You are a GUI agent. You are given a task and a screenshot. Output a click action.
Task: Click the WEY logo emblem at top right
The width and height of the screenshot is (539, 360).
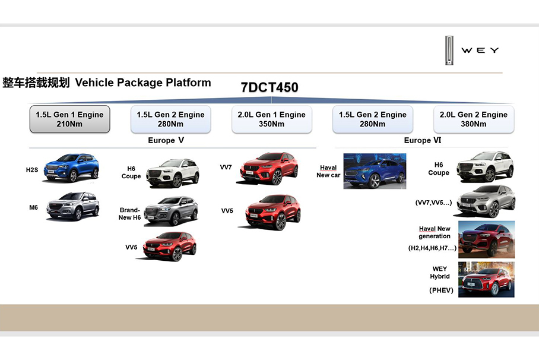pyautogui.click(x=449, y=50)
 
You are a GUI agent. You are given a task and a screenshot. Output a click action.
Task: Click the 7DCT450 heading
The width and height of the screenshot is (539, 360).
pyautogui.click(x=269, y=87)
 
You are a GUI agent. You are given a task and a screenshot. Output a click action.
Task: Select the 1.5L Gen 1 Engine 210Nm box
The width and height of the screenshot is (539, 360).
pyautogui.click(x=70, y=119)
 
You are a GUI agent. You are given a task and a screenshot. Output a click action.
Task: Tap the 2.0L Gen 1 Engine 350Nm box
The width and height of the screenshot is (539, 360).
pyautogui.click(x=271, y=119)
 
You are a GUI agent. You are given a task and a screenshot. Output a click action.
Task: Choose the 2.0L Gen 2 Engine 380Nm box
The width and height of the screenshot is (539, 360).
pyautogui.click(x=474, y=119)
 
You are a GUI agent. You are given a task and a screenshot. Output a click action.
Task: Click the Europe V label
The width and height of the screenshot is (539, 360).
pyautogui.click(x=166, y=140)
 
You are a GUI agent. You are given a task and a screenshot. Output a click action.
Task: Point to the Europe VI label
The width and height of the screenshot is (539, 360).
pyautogui.click(x=423, y=140)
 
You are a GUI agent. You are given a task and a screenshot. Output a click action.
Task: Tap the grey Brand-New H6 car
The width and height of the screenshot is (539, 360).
pyautogui.click(x=171, y=211)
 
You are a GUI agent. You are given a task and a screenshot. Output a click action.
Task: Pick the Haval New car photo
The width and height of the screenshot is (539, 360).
pyautogui.click(x=375, y=171)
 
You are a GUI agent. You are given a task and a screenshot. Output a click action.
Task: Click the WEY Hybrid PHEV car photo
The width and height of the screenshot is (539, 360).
pyautogui.click(x=486, y=279)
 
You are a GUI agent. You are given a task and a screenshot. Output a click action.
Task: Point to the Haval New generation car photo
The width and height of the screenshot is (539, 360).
pyautogui.click(x=486, y=239)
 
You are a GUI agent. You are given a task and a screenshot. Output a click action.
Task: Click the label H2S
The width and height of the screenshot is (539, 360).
pyautogui.click(x=32, y=170)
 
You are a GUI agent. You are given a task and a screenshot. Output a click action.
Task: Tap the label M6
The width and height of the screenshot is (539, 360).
pyautogui.click(x=33, y=207)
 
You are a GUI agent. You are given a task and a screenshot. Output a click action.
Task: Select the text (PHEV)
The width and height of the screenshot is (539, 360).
pyautogui.click(x=442, y=290)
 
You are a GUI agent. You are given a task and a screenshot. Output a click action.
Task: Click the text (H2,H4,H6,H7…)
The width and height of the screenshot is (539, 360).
pyautogui.click(x=432, y=248)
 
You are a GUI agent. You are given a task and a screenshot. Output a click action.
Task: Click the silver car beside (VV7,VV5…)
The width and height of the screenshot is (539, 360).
pyautogui.click(x=486, y=201)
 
